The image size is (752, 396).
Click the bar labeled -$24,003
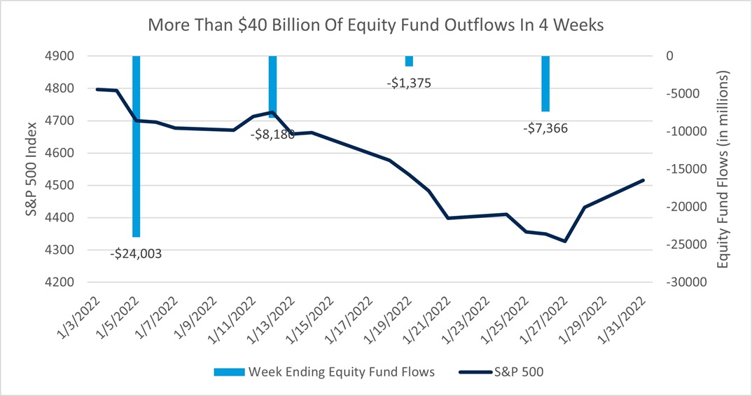click(x=137, y=146)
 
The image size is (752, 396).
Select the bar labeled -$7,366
click(x=545, y=83)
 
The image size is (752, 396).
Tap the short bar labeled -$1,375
click(x=409, y=61)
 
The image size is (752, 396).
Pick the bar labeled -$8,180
click(x=273, y=84)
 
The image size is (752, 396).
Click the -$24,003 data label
click(x=136, y=254)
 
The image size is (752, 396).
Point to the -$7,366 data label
click(x=545, y=128)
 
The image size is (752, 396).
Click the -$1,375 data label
click(x=409, y=83)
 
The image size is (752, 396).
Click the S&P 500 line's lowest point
click(x=564, y=241)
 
